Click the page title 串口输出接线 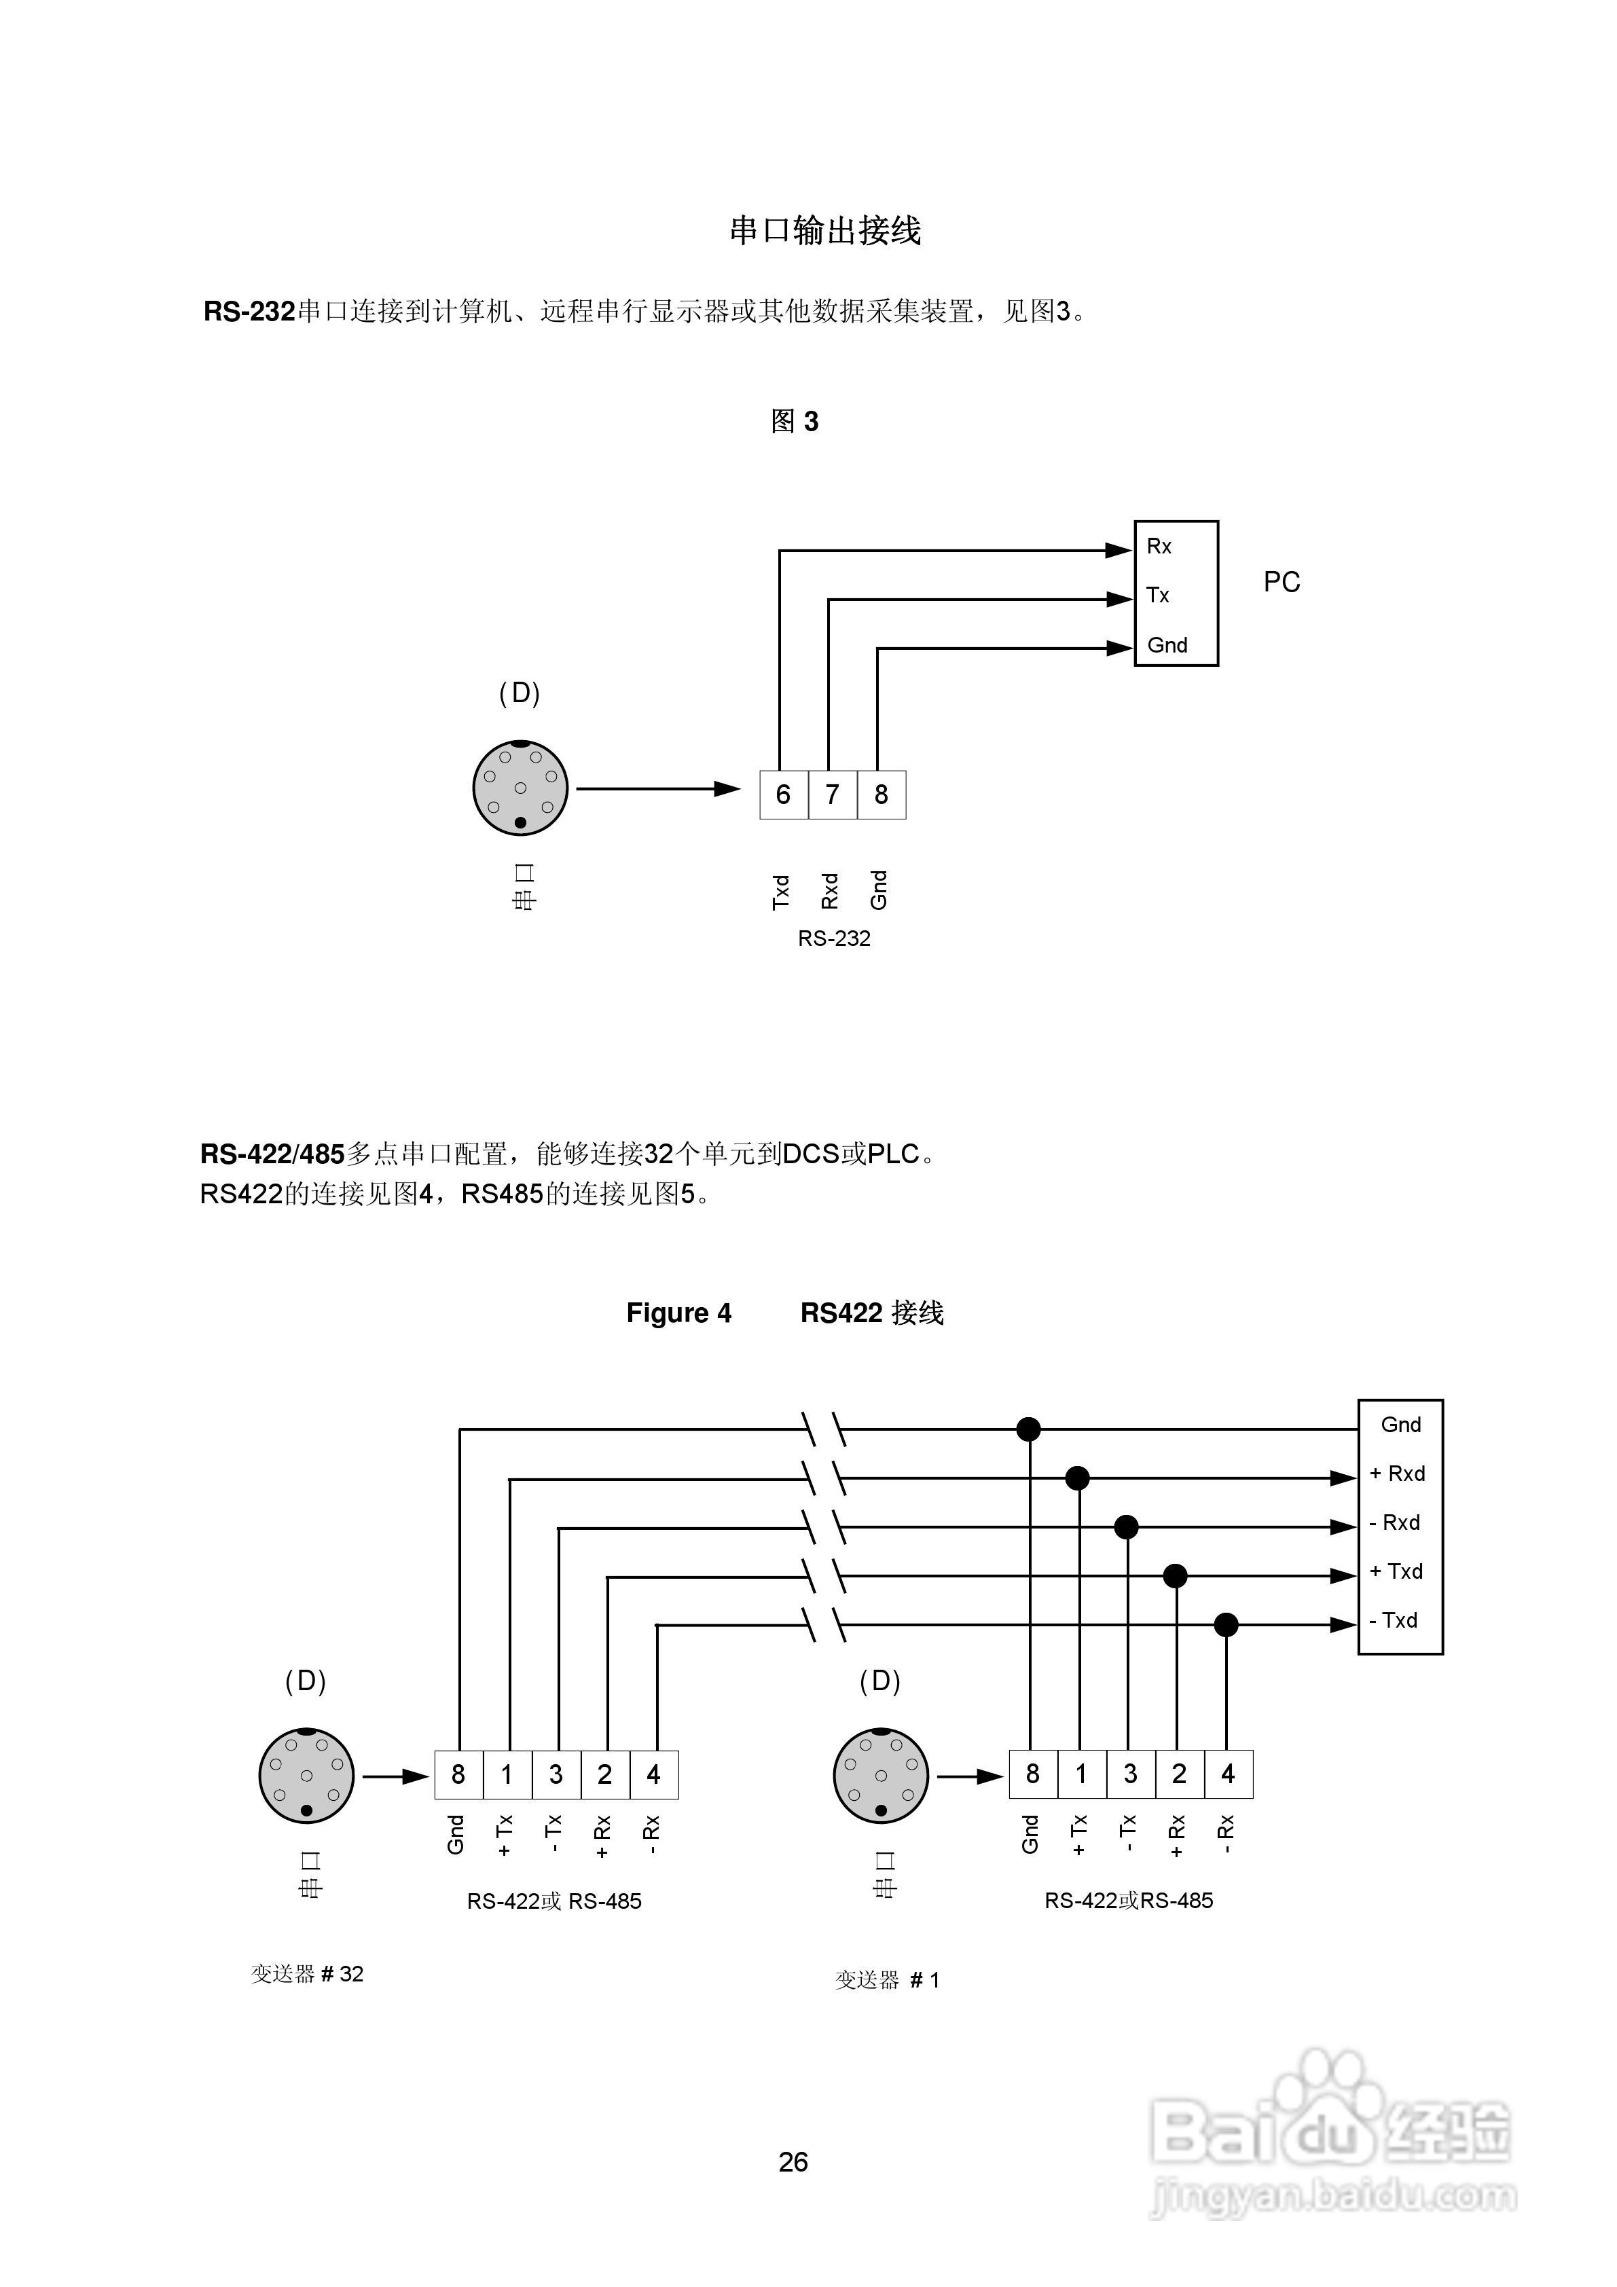tap(825, 231)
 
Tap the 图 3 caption tap(794, 421)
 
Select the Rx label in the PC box tap(1159, 546)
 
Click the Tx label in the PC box tap(1157, 595)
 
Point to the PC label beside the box tap(1282, 582)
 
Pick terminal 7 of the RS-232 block tap(832, 795)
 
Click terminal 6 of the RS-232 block tap(783, 795)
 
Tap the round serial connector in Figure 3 tap(520, 788)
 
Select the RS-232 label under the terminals tap(834, 938)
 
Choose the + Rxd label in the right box tap(1398, 1474)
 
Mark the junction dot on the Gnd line tap(1028, 1429)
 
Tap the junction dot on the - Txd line tap(1225, 1625)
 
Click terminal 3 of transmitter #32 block tap(556, 1774)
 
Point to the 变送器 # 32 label tap(307, 1973)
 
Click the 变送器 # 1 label tap(887, 1979)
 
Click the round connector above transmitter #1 tap(881, 1775)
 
